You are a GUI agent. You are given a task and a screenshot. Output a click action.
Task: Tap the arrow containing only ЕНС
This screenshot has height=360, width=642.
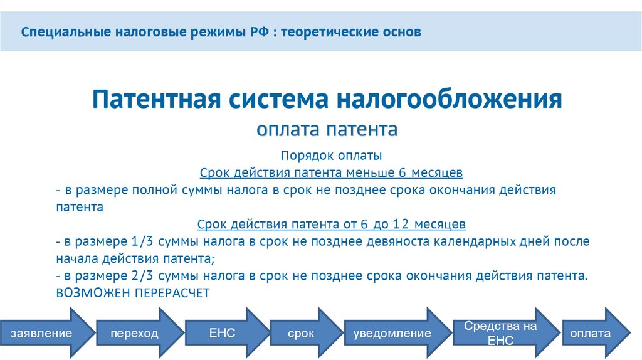(x=223, y=332)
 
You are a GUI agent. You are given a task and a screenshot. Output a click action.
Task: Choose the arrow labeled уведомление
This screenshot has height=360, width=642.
(x=392, y=333)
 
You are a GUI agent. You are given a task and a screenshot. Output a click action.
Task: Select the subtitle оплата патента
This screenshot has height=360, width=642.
(x=327, y=130)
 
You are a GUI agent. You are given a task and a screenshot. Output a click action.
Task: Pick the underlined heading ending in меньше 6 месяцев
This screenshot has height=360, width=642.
(x=331, y=172)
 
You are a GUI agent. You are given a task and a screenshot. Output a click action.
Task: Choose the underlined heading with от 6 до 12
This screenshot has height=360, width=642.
(x=331, y=224)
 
